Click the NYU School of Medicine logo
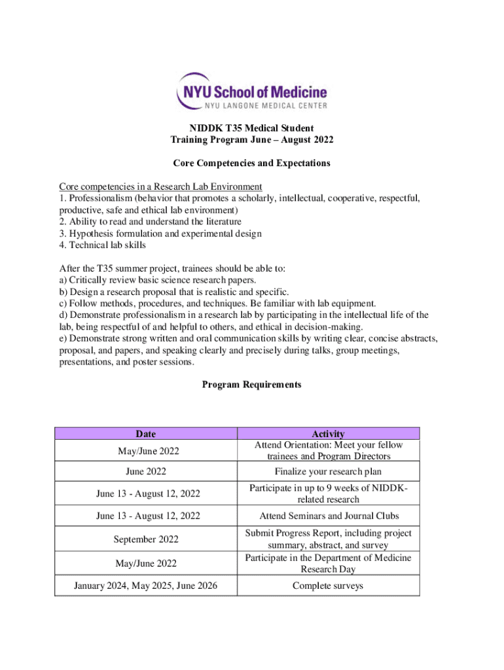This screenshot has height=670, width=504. point(251,92)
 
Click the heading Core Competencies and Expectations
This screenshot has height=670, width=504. point(251,163)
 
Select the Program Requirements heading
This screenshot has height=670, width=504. point(251,385)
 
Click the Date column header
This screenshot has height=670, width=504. point(145,433)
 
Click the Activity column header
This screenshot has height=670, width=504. point(328,434)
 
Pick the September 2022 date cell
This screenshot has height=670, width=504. point(145,539)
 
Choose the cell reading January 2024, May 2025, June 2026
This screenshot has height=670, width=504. point(145,586)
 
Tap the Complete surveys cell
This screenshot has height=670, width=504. point(328,586)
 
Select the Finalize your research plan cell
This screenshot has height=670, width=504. point(328,472)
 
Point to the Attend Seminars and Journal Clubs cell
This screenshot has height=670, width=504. point(328,516)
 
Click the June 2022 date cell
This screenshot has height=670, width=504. point(145,472)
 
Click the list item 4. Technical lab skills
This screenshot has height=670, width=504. point(102,245)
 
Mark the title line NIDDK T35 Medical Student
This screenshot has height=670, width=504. point(251,128)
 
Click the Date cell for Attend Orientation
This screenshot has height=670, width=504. point(145,451)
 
